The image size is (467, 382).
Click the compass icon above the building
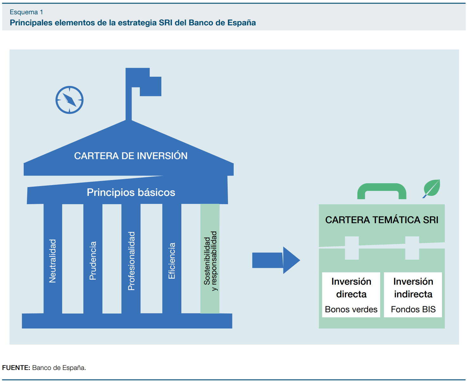[x=69, y=100]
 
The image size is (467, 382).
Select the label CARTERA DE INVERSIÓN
[x=131, y=156]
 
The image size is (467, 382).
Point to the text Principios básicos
[x=131, y=192]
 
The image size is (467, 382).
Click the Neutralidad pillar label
[x=53, y=261]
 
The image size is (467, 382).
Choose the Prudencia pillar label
[x=93, y=261]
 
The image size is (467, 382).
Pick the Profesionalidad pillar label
[x=131, y=261]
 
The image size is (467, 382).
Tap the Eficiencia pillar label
[x=172, y=261]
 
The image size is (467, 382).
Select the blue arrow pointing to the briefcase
[x=275, y=260]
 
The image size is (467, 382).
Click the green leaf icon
[x=432, y=188]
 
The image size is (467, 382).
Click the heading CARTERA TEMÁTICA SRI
[x=382, y=220]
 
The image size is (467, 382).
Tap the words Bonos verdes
[x=351, y=309]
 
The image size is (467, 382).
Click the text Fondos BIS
[x=413, y=309]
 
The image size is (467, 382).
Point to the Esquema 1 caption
[x=26, y=12]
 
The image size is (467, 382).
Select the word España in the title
[x=242, y=23]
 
